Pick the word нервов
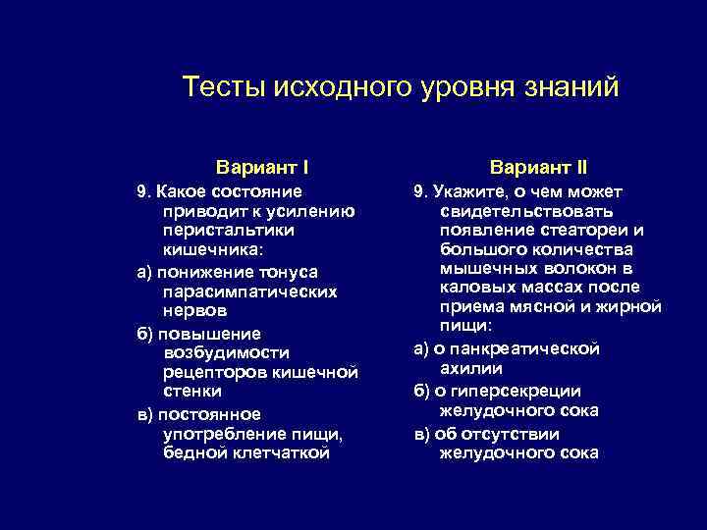coord(195,310)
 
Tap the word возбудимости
coord(227,351)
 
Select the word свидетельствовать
coord(527,210)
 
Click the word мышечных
coord(484,268)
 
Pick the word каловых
coord(473,287)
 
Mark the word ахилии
coord(472,368)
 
